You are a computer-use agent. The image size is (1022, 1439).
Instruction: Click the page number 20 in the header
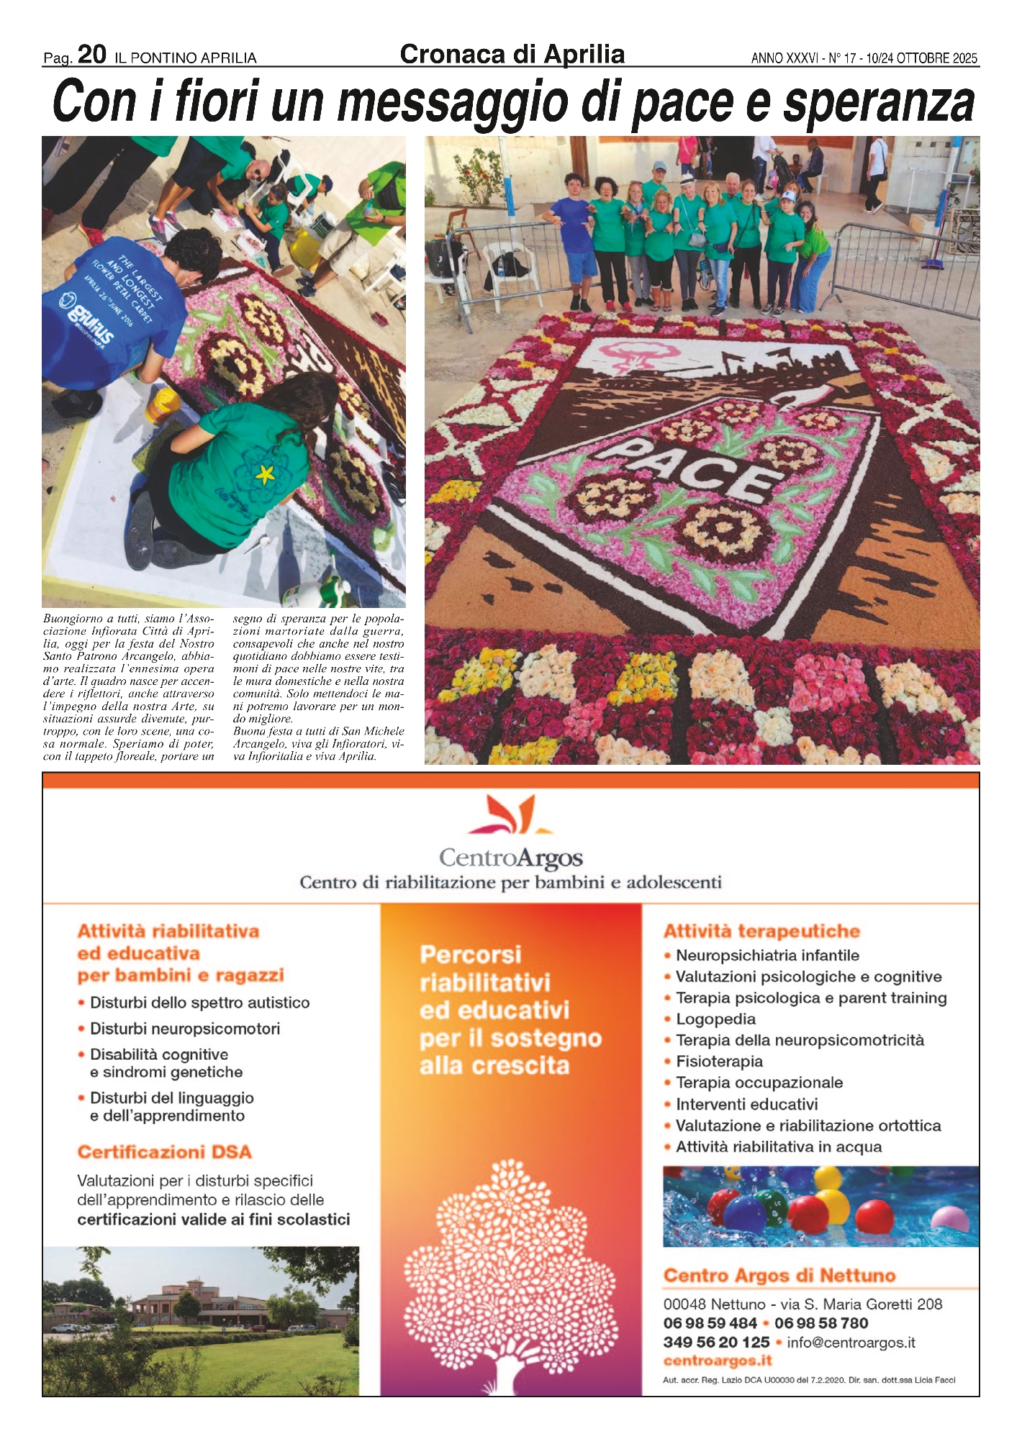91,54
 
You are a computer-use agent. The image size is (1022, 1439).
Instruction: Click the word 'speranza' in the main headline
879,103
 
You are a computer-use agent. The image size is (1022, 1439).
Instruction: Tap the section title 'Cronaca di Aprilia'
512,54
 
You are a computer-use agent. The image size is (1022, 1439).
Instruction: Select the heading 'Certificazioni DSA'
164,1152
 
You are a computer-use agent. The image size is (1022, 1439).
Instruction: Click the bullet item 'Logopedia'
715,1019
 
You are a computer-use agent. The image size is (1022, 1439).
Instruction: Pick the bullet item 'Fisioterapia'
719,1061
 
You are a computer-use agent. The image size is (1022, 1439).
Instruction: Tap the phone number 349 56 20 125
716,1342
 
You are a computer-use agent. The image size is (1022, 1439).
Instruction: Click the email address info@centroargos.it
851,1342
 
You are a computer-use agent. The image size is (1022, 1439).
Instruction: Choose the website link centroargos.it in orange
717,1361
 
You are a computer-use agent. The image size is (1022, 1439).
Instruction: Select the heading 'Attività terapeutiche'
761,931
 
